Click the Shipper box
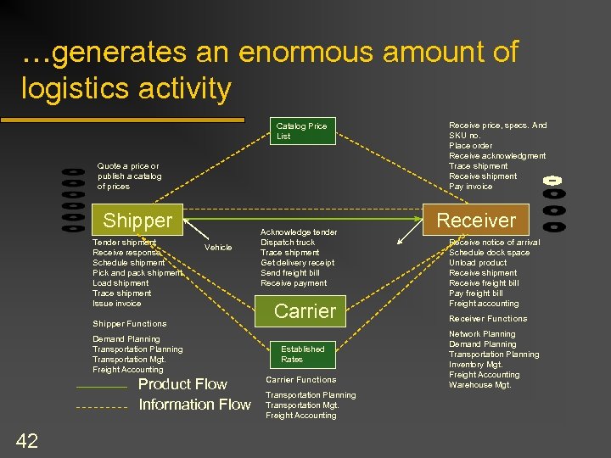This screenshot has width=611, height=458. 137,221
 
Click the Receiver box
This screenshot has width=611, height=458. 475,221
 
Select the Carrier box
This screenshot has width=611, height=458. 305,311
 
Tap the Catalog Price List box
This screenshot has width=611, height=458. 302,131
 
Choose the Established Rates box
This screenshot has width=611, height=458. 303,354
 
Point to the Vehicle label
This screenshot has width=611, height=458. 218,248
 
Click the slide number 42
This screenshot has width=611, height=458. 26,439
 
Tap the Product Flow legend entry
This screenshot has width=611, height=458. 182,384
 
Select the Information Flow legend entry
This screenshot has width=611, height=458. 194,405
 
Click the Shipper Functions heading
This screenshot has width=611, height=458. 129,324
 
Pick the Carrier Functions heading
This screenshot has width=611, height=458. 300,380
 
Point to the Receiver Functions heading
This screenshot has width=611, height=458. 488,319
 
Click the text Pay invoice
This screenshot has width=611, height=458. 470,187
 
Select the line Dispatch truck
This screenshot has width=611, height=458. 288,243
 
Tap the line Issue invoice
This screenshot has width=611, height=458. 117,304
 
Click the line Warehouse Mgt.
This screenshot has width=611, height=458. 479,385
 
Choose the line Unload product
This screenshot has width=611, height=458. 478,263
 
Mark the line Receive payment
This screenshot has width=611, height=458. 294,283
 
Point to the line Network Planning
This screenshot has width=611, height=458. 482,334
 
